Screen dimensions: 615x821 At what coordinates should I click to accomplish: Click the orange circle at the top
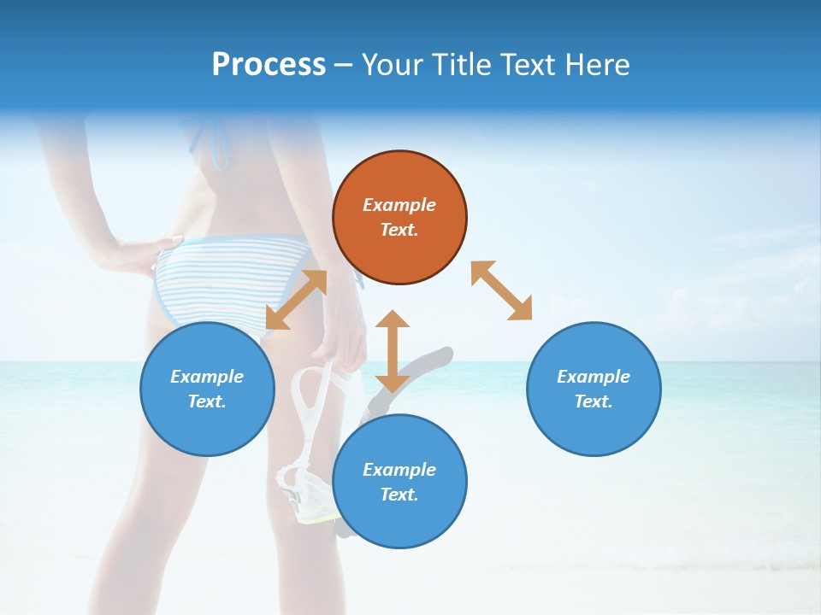click(399, 218)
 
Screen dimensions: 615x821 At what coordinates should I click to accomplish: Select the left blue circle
click(207, 389)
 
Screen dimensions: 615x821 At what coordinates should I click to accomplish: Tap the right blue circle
click(594, 389)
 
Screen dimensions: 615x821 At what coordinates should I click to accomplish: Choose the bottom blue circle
click(399, 481)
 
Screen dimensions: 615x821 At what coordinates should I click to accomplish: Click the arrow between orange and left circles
click(296, 300)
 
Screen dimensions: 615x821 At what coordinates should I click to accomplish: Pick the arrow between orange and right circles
click(501, 290)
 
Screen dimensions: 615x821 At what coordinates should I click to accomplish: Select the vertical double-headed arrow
click(393, 351)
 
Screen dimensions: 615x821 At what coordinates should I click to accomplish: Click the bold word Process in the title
click(269, 64)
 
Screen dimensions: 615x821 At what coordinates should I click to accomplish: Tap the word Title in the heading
click(463, 64)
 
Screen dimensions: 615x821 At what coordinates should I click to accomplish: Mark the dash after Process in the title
click(343, 65)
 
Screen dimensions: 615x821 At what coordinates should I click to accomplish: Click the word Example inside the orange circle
click(399, 205)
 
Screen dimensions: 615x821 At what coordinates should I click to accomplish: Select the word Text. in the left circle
click(207, 401)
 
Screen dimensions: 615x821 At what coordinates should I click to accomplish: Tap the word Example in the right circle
click(594, 377)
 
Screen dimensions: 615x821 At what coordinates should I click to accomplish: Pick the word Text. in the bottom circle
click(399, 495)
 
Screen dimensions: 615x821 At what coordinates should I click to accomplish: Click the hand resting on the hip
click(137, 252)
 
